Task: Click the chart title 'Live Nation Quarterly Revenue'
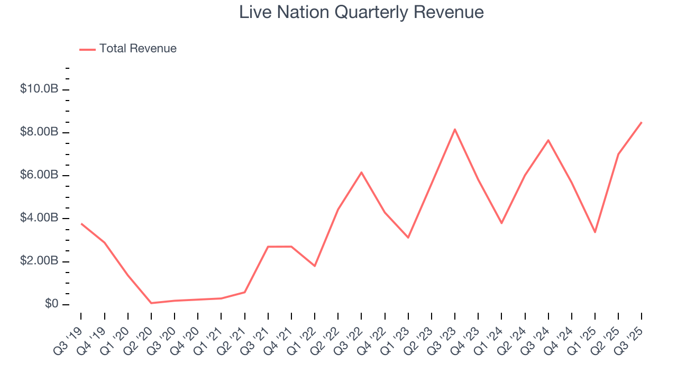click(x=361, y=12)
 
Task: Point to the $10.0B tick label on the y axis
click(x=39, y=89)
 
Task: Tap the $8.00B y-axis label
click(x=39, y=132)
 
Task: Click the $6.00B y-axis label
click(x=39, y=175)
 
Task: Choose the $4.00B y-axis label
click(x=39, y=218)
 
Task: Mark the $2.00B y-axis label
click(x=39, y=261)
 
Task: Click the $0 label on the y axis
click(x=51, y=304)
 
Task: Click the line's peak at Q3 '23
click(x=455, y=129)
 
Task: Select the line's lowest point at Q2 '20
click(x=151, y=303)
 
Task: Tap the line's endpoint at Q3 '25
click(x=642, y=122)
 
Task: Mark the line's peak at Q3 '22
click(x=361, y=172)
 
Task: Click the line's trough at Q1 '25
click(x=595, y=232)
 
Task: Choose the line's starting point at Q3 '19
click(x=81, y=223)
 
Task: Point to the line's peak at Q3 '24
click(x=548, y=140)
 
